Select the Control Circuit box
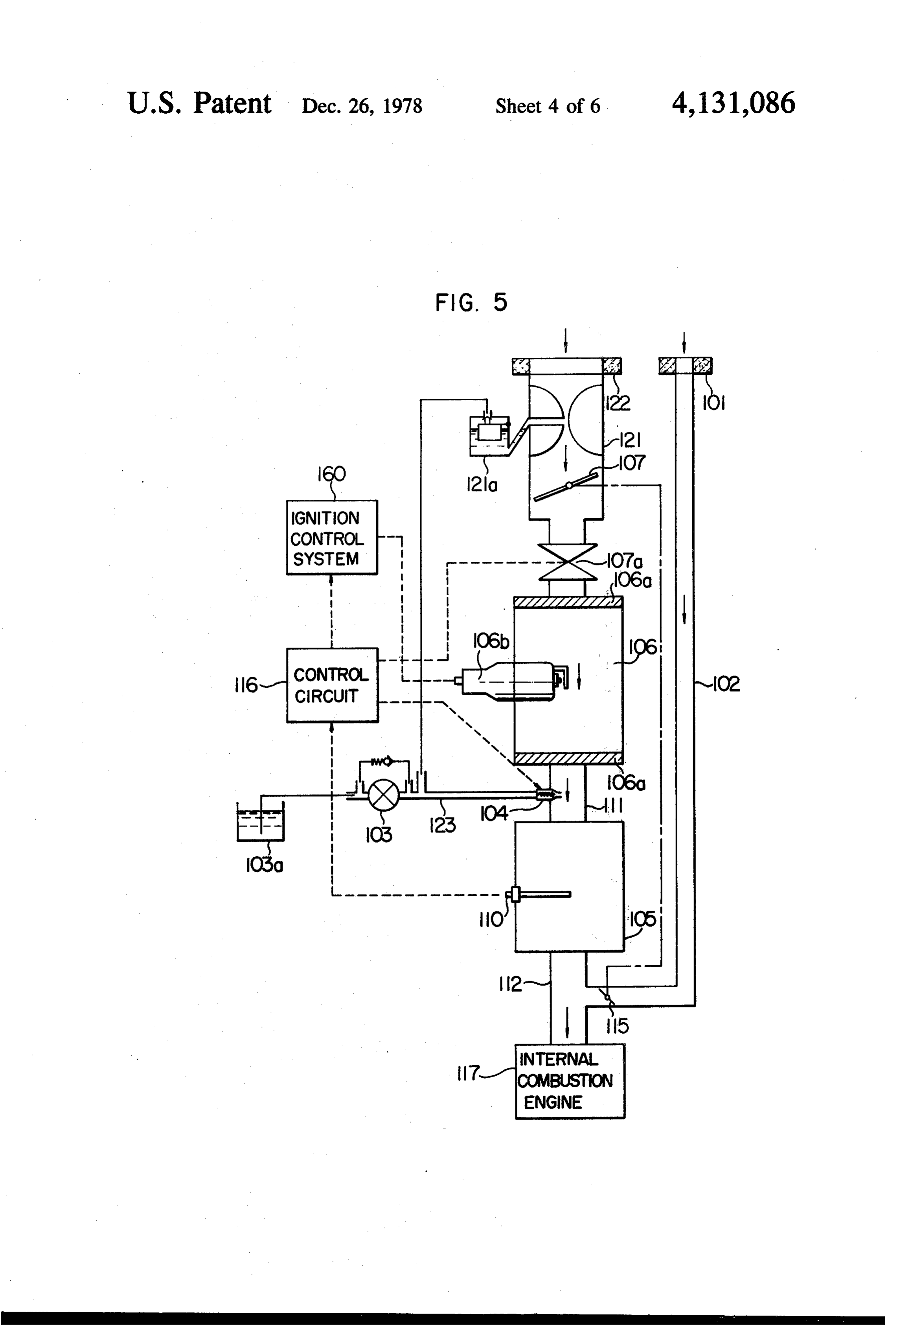coord(332,685)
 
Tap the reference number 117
coord(467,1073)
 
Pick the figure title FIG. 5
coord(471,302)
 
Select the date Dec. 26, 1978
coord(362,106)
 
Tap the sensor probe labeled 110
coord(539,895)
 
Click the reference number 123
coord(442,825)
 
